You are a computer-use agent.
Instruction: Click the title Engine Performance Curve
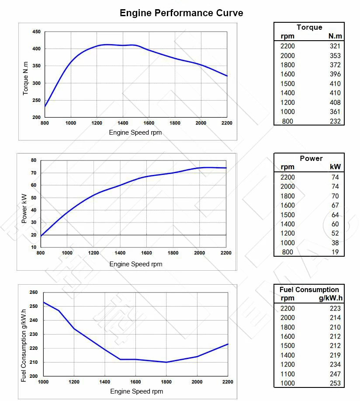pos(181,13)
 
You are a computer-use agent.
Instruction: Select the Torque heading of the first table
pos(309,27)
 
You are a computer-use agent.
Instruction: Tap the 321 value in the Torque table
pos(335,46)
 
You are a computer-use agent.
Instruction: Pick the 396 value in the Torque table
pos(335,74)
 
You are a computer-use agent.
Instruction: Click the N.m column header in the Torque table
pos(335,36)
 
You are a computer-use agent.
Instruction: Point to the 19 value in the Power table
pos(335,252)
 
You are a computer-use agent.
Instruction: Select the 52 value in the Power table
pos(335,233)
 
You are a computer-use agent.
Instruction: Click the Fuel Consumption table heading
pos(309,289)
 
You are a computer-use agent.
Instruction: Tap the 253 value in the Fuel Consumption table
pos(335,383)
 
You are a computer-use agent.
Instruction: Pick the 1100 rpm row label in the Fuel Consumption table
pos(287,374)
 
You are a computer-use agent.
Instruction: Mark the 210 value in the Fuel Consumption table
pos(335,327)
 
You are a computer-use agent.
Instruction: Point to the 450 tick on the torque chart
pos(36,32)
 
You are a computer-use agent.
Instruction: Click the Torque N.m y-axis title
pos(25,78)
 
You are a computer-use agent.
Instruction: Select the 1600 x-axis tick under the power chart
pos(146,253)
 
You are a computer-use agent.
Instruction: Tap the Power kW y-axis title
pos(24,209)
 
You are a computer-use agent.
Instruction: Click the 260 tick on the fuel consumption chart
pos(34,292)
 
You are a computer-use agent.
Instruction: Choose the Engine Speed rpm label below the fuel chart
pos(136,391)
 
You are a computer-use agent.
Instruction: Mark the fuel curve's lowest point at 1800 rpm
pos(166,362)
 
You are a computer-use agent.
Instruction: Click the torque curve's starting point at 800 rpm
pos(45,106)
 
